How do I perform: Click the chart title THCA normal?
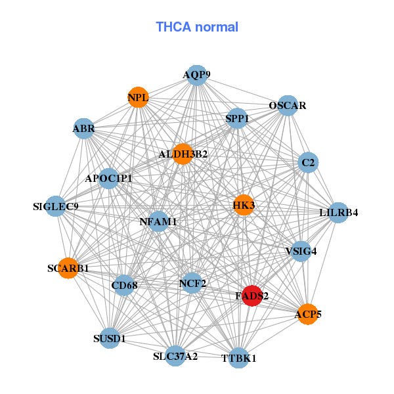(197, 28)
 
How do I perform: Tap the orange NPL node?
(138, 98)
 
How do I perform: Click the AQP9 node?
(196, 75)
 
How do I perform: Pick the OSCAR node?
(288, 105)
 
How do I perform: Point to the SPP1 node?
(237, 118)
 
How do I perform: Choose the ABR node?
(83, 129)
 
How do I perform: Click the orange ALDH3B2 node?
(183, 154)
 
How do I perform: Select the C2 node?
(308, 162)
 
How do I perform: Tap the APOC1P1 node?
(108, 178)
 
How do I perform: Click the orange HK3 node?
(244, 206)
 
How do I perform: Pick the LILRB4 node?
(338, 212)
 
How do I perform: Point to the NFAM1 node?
(158, 221)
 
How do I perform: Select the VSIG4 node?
(301, 250)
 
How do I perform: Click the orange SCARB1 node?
(68, 268)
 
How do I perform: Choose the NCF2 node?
(192, 284)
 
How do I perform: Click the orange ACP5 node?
(308, 315)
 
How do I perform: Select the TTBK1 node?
(239, 358)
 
